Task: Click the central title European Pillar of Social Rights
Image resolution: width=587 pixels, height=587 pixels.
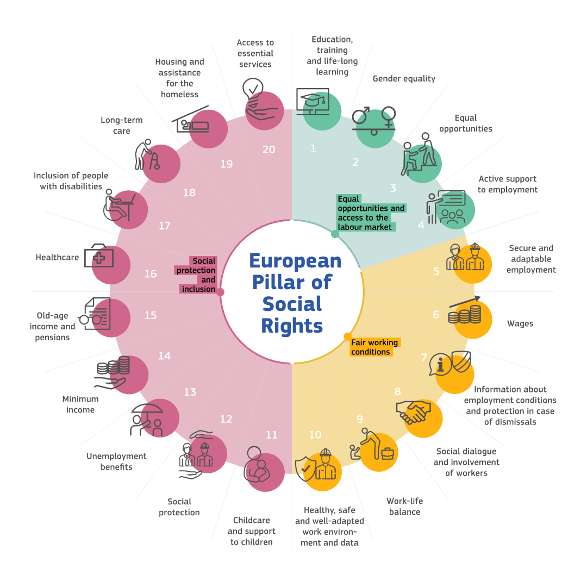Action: click(x=294, y=293)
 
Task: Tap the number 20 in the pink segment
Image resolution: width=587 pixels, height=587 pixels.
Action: click(x=268, y=149)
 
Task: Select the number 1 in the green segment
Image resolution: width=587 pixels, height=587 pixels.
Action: click(x=313, y=148)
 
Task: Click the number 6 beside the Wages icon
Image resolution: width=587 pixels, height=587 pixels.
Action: click(x=436, y=315)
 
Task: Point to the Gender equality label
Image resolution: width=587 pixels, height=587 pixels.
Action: click(x=404, y=79)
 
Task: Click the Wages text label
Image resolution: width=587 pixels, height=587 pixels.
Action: click(x=520, y=324)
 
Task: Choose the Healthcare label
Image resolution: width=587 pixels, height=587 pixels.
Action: click(x=57, y=258)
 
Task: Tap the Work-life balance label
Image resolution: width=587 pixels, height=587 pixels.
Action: click(x=404, y=507)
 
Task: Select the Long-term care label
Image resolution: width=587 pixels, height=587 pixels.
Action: click(x=122, y=126)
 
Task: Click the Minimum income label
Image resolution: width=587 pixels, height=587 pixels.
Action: click(x=80, y=404)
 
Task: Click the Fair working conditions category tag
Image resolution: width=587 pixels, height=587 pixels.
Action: click(x=374, y=347)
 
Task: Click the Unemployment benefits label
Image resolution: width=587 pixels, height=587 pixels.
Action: click(x=116, y=461)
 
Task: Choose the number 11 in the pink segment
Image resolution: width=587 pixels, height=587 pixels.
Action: click(x=271, y=435)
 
